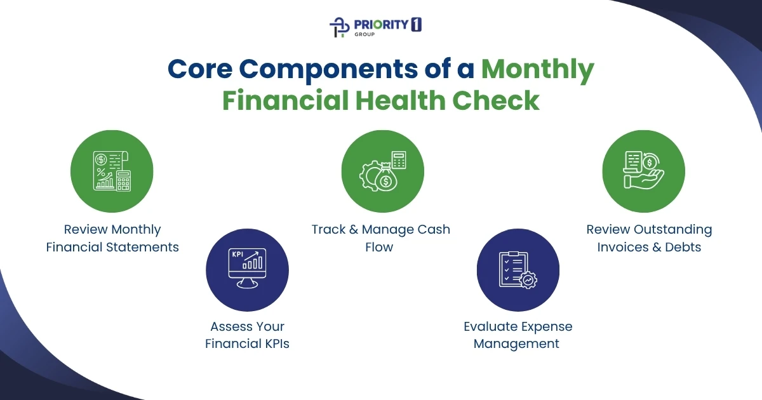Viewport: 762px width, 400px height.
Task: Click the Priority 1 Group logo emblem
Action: click(x=340, y=27)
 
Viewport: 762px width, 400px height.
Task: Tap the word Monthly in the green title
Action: click(x=537, y=70)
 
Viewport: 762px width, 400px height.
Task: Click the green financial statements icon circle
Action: click(x=112, y=171)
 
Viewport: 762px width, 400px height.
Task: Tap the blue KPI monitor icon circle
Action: click(x=247, y=270)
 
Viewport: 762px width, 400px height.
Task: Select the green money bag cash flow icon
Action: click(x=382, y=171)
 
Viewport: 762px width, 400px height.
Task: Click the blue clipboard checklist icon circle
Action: click(x=518, y=270)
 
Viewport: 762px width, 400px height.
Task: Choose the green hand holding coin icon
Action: click(x=643, y=171)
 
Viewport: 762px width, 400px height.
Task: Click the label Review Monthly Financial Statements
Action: click(x=112, y=238)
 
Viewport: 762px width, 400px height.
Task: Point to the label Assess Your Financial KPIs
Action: click(x=247, y=335)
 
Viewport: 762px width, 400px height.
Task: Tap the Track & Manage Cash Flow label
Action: click(x=380, y=238)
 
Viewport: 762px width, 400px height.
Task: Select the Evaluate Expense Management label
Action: click(x=517, y=335)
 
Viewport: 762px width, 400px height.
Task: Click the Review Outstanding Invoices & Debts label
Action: click(x=649, y=238)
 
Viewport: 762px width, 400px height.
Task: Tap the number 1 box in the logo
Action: click(x=417, y=24)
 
